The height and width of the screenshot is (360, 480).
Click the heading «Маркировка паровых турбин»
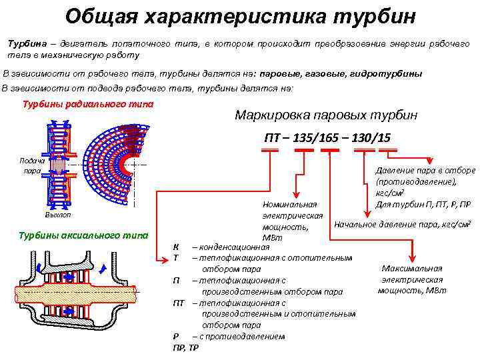326,115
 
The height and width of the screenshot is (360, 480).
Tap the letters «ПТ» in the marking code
273,137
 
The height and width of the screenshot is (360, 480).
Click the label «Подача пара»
32,165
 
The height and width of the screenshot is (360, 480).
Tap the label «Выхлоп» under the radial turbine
57,215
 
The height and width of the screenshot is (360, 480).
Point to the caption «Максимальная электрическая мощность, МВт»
411,279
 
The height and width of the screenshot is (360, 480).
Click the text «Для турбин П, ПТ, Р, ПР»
423,203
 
